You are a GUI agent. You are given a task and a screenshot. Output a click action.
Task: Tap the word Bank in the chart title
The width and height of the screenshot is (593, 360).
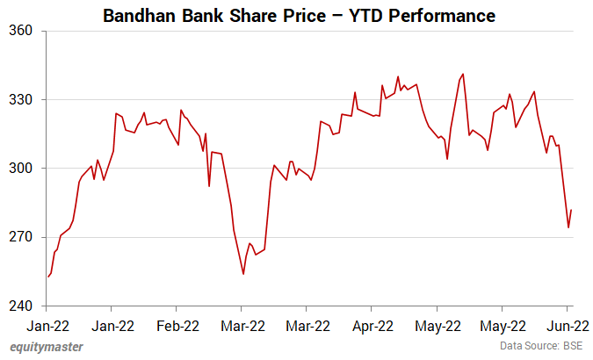click(202, 16)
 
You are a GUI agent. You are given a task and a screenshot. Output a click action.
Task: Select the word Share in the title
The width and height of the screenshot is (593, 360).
click(252, 16)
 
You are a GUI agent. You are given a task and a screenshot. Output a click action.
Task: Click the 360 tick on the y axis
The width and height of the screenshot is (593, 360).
click(21, 31)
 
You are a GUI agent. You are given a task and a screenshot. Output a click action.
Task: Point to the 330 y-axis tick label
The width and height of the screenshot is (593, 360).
click(21, 99)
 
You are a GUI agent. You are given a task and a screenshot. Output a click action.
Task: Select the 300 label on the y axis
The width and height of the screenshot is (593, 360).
click(21, 169)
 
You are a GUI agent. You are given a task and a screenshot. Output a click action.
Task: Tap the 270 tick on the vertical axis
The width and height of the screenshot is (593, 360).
click(21, 237)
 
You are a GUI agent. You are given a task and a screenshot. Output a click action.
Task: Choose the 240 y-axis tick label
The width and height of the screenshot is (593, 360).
click(21, 306)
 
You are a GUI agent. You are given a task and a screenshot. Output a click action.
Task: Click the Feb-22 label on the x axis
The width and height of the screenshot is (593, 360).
click(177, 326)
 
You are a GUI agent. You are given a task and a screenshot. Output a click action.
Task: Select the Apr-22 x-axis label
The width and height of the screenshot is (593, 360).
click(372, 326)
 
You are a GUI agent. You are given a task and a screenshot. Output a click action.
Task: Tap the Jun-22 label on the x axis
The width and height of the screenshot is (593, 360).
click(568, 326)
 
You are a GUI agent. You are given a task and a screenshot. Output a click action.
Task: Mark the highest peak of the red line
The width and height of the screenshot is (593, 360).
click(463, 74)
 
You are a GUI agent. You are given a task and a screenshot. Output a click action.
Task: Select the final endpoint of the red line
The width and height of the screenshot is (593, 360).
click(571, 210)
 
